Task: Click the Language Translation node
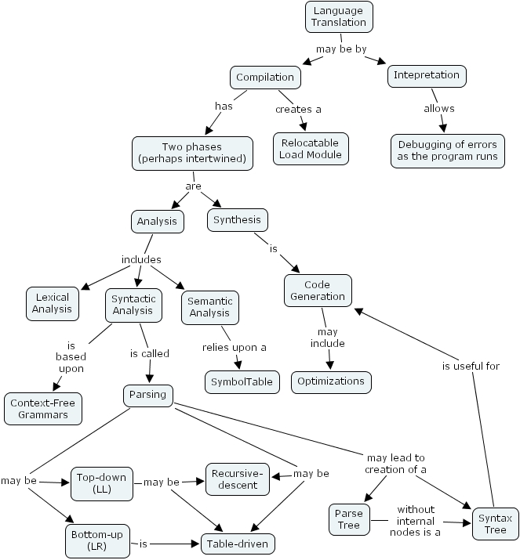(x=338, y=16)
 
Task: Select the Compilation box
(x=265, y=77)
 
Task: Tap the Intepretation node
(x=427, y=76)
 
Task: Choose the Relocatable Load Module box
(x=310, y=148)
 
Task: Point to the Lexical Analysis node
(x=51, y=303)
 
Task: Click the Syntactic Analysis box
(x=133, y=305)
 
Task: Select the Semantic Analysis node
(x=209, y=307)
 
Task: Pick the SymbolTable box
(x=242, y=382)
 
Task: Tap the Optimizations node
(x=331, y=381)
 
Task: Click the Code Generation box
(x=318, y=291)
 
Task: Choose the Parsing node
(x=148, y=395)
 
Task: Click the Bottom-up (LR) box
(x=96, y=540)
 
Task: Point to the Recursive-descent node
(x=238, y=479)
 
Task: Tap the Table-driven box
(x=238, y=542)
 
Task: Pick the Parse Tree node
(x=349, y=518)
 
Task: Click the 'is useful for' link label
(x=471, y=366)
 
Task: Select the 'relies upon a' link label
(x=234, y=347)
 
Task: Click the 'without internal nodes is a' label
(x=415, y=520)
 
